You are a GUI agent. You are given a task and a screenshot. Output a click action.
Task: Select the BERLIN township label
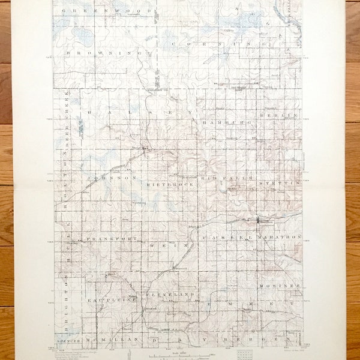click(x=279, y=114)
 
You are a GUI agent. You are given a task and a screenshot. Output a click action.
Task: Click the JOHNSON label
click(x=107, y=178)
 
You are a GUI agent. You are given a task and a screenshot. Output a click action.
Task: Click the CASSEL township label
click(x=225, y=238)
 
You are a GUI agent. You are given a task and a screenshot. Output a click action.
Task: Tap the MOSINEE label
click(x=279, y=286)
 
